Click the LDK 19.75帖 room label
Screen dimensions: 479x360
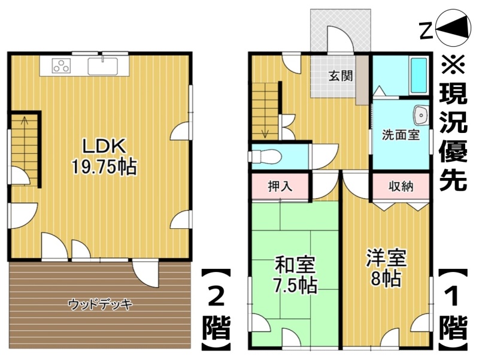tap(104, 156)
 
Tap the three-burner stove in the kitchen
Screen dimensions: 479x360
tap(61, 65)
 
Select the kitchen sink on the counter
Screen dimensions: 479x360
tap(102, 66)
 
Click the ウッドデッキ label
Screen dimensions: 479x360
tap(101, 304)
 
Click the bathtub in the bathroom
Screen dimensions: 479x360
tap(419, 75)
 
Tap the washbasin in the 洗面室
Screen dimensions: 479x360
tap(421, 116)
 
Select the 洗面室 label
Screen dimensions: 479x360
tap(401, 135)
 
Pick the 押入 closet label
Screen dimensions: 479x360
tap(280, 186)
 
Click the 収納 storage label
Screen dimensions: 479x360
tap(401, 186)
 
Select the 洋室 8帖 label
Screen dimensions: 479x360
tap(386, 268)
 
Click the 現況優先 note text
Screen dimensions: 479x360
tap(453, 122)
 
